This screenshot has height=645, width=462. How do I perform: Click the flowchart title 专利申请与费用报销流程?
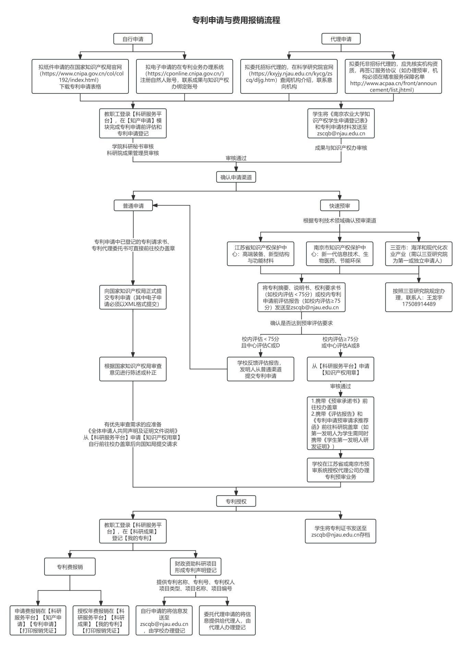click(236, 20)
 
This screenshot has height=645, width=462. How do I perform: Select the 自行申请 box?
click(133, 39)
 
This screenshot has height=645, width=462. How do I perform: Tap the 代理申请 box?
click(341, 39)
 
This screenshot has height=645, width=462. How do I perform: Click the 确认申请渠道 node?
click(236, 177)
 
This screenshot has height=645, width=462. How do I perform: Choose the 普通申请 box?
click(133, 206)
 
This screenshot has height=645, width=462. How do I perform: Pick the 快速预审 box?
click(340, 206)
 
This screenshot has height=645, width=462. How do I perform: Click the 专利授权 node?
click(236, 501)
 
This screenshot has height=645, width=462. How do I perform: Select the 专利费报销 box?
click(70, 567)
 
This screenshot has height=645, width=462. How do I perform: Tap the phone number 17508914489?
click(419, 304)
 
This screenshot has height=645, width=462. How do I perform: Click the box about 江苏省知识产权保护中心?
click(260, 254)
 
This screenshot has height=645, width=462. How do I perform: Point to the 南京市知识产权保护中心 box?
click(340, 254)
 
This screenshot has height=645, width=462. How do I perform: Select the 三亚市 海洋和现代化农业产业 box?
click(419, 254)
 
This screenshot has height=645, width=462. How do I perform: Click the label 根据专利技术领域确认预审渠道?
click(340, 220)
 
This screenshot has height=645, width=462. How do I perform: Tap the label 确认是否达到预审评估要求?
click(302, 323)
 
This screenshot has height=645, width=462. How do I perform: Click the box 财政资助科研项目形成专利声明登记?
click(196, 567)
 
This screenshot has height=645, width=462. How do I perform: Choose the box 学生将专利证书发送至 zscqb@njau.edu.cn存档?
click(341, 531)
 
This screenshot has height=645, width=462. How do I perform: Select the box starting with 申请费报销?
click(38, 620)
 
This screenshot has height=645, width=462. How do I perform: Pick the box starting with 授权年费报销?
click(101, 620)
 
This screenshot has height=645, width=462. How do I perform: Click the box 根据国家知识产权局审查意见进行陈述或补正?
click(133, 369)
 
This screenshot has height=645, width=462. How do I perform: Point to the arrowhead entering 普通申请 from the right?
click(155, 206)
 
